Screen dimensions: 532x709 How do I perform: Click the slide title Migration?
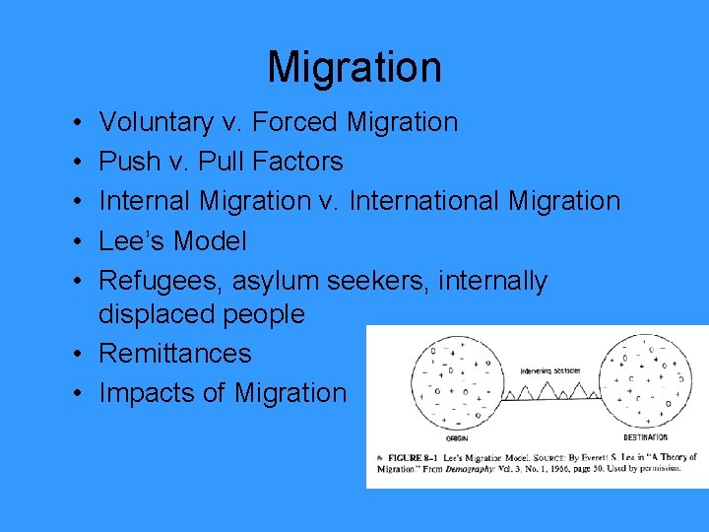354,67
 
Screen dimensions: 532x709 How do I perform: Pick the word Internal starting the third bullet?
146,201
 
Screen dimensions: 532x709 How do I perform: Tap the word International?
430,201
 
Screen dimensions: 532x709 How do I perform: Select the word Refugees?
161,281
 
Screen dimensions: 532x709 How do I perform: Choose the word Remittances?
175,353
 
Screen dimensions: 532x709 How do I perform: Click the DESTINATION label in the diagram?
645,437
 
